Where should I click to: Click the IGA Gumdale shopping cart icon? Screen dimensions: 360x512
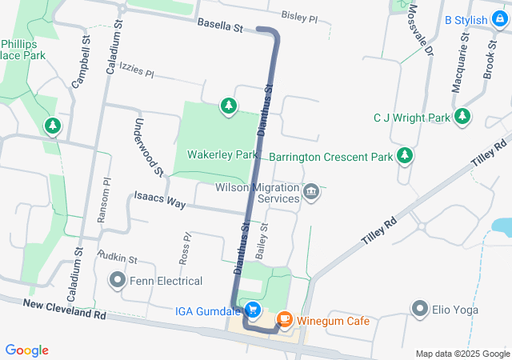(253, 309)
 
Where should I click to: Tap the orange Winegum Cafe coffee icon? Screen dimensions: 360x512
(284, 320)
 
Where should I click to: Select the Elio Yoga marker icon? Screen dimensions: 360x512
(420, 308)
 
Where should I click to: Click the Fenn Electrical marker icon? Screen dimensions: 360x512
(118, 280)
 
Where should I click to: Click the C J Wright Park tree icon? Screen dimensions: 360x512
(462, 118)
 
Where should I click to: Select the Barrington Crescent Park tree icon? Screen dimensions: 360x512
(406, 155)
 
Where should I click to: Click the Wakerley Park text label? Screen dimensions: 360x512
(222, 154)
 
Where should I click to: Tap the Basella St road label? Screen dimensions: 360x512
(220, 27)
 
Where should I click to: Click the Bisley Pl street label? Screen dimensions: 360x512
(300, 15)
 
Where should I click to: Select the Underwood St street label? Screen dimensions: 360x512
(149, 147)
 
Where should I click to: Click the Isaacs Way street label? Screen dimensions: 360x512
(160, 199)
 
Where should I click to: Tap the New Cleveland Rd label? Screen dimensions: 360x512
(64, 310)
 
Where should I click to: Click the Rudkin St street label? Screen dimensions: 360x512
(118, 257)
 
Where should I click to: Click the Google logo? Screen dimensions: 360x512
(26, 350)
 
